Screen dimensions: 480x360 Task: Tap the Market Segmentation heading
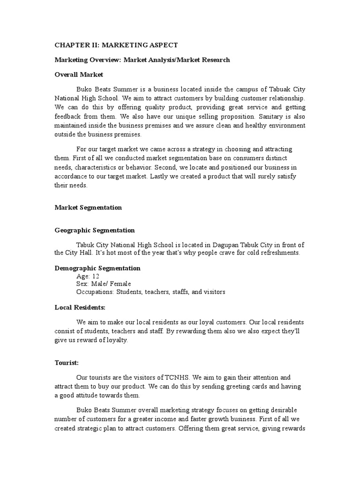click(88, 207)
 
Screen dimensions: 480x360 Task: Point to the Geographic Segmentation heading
click(95, 230)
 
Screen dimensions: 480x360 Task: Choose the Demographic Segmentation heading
click(97, 268)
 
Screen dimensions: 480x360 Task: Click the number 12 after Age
click(96, 276)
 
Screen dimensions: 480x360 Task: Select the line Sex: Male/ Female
click(103, 284)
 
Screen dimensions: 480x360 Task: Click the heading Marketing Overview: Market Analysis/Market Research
click(142, 60)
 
